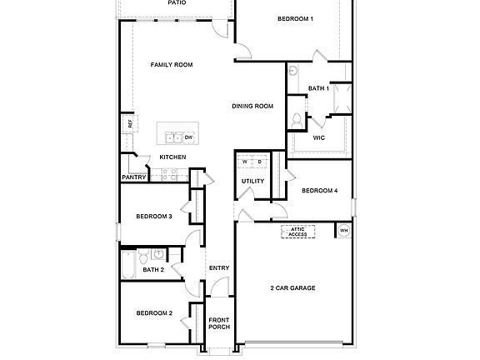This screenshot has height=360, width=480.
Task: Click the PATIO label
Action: pyautogui.click(x=177, y=3)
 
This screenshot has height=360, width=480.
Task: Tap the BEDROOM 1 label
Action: pyautogui.click(x=296, y=18)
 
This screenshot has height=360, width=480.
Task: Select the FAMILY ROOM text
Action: pyautogui.click(x=172, y=64)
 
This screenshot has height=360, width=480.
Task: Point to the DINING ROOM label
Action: pyautogui.click(x=253, y=106)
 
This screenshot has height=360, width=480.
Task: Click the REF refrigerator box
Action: pyautogui.click(x=130, y=123)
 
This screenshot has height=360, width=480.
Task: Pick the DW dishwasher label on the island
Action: pyautogui.click(x=189, y=137)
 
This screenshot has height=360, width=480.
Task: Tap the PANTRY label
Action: pyautogui.click(x=134, y=177)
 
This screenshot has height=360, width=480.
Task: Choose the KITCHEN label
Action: pyautogui.click(x=172, y=157)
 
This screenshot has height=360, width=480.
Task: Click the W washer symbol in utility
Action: pyautogui.click(x=245, y=161)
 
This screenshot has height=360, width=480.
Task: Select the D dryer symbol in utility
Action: pyautogui.click(x=259, y=161)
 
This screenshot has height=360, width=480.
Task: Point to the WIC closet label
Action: pyautogui.click(x=318, y=137)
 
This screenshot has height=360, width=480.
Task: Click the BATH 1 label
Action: pyautogui.click(x=318, y=87)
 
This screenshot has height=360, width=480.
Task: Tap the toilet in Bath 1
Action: pyautogui.click(x=296, y=121)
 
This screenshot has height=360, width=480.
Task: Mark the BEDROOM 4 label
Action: pyautogui.click(x=319, y=191)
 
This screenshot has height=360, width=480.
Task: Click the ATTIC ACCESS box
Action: pyautogui.click(x=297, y=232)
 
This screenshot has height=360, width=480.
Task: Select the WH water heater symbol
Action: pyautogui.click(x=343, y=231)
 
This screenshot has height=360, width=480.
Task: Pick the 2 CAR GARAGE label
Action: pyautogui.click(x=292, y=288)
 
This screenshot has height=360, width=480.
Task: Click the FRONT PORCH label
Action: pyautogui.click(x=218, y=324)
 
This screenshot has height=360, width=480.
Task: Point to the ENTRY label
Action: pyautogui.click(x=218, y=267)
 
